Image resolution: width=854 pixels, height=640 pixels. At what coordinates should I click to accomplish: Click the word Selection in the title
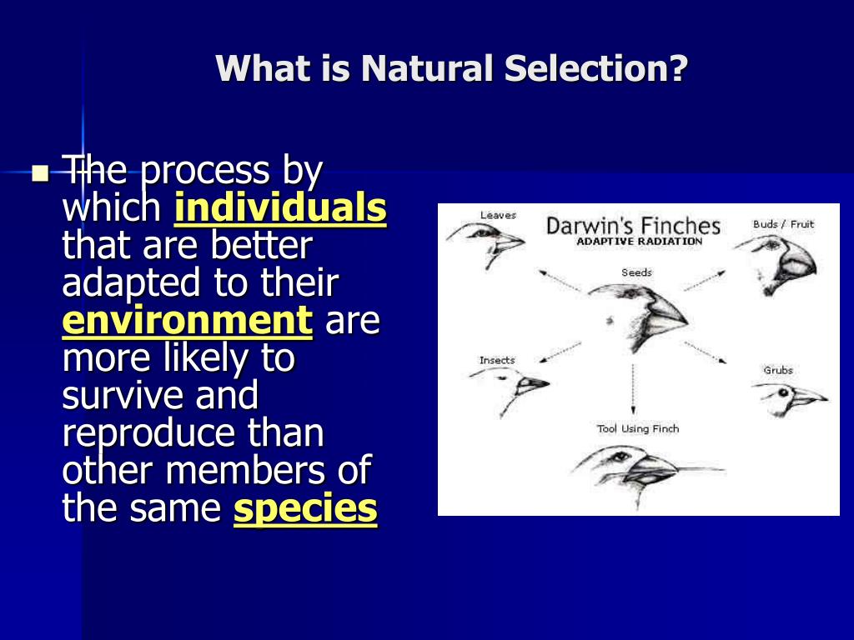pos(595,68)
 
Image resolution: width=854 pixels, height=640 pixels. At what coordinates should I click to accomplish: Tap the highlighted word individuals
pos(280,207)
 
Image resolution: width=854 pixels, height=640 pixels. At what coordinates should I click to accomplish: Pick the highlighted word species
pos(305,509)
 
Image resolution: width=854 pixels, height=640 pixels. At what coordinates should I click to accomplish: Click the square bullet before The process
pos(40,173)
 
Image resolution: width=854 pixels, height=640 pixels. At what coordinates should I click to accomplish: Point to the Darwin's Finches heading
pos(633,226)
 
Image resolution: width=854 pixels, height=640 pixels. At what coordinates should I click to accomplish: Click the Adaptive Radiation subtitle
pos(639,241)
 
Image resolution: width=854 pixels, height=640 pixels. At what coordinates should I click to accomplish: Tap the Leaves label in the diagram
pos(498,215)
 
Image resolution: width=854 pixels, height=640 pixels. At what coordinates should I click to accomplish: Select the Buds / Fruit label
pos(783,224)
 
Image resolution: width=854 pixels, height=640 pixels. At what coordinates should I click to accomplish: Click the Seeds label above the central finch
pos(636,272)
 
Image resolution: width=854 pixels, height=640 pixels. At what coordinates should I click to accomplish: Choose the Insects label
pos(497,360)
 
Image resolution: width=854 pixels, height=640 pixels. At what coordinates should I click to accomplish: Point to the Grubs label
pos(778,370)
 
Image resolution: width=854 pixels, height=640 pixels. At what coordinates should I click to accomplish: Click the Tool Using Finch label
pos(638,429)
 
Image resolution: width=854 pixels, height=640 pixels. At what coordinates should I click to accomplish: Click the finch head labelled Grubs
pos(790,397)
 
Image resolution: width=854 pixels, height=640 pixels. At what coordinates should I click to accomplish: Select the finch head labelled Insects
pos(510,387)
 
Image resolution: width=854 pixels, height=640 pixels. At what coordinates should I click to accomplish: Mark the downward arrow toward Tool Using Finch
pos(633,388)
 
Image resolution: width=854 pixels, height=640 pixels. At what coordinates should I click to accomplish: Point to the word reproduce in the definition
pos(148,434)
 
